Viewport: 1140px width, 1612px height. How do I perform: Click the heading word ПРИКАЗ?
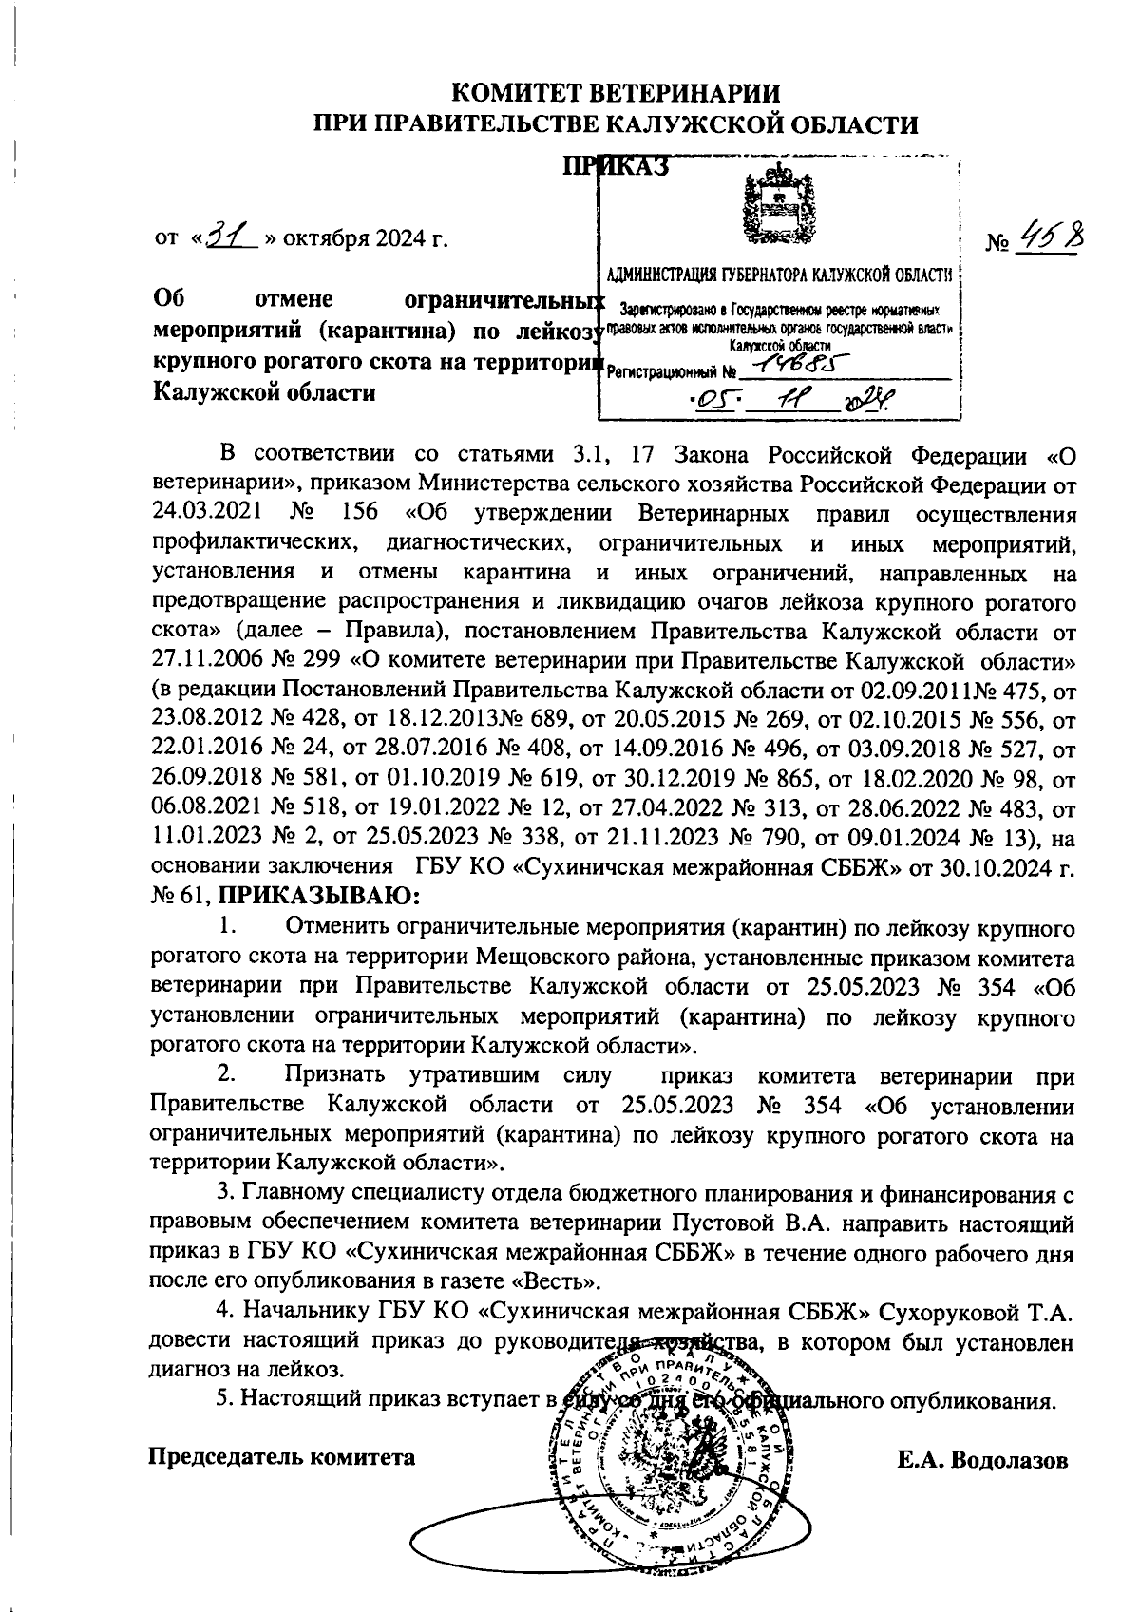point(617,165)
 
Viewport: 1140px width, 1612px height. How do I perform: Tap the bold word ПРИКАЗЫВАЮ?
point(320,895)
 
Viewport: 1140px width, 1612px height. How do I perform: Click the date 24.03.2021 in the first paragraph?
point(205,514)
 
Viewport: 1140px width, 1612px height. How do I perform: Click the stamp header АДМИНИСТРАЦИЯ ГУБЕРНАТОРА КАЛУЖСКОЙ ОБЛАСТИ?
point(779,276)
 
